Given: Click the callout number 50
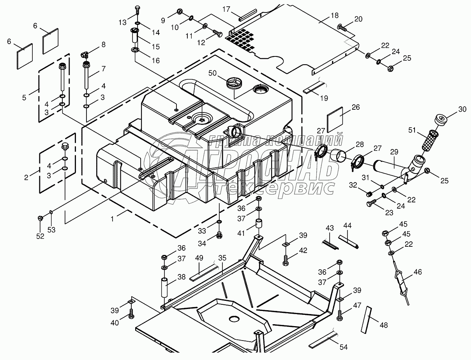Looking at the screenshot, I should coord(212,73).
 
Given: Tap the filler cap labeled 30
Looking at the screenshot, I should coord(441,120).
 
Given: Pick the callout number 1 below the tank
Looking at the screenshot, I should coord(112,219).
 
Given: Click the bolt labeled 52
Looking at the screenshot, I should coord(40,219).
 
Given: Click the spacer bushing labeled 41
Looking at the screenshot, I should coord(258,225).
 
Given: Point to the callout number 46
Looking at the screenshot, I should coord(417,272).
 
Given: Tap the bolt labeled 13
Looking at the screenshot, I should coord(137,9).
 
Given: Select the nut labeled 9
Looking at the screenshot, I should coord(180,11).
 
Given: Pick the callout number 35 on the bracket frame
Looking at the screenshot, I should coord(222,258).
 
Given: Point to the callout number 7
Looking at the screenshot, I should coord(103,69).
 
